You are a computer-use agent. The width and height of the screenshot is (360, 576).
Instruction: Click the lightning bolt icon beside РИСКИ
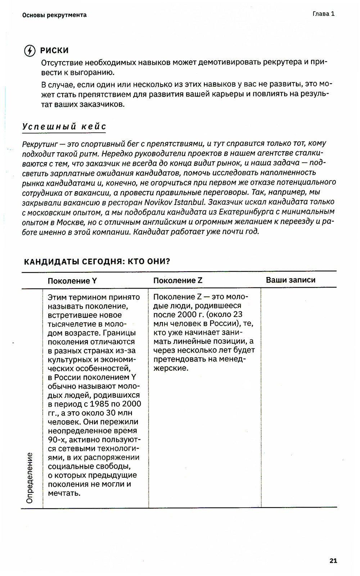30,50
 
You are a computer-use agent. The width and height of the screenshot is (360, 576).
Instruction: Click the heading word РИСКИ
54,50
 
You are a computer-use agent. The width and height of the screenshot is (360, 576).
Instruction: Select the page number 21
333,561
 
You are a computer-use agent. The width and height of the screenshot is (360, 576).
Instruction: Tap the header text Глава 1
323,14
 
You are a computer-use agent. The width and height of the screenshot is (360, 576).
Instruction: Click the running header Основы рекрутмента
54,15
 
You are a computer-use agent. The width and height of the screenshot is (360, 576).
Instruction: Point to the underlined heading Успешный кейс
64,126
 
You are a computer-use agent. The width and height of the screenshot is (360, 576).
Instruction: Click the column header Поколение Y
72,281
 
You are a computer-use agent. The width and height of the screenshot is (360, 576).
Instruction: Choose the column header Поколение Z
178,281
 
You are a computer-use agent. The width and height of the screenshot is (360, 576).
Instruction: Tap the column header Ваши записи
291,280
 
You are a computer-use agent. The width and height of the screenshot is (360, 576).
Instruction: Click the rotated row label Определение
30,478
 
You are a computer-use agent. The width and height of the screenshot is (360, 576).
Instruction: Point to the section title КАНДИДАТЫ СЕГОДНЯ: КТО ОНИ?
97,262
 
